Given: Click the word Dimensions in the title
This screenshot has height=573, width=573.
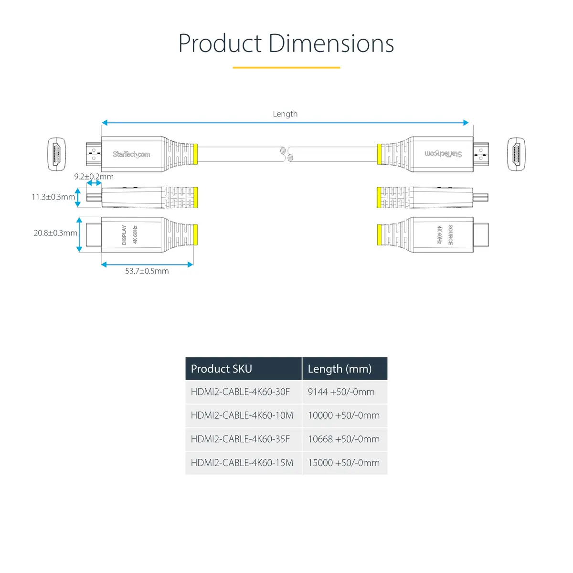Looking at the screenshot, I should (331, 43).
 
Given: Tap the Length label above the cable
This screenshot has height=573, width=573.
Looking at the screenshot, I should (285, 114).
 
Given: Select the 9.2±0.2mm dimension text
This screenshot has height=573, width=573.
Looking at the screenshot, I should (94, 177).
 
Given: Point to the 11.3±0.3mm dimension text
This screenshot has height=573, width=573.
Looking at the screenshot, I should (53, 197).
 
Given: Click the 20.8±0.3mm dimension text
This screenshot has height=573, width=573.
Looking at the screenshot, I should (55, 233).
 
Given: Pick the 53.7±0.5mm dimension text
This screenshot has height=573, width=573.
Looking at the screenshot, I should (147, 271).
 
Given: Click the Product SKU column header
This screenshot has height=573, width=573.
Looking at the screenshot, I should (221, 369).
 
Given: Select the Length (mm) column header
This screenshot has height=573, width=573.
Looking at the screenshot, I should (340, 369).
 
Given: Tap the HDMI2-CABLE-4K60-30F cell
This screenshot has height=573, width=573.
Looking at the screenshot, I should (240, 392).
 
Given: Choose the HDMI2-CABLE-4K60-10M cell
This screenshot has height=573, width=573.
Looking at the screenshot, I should (242, 415).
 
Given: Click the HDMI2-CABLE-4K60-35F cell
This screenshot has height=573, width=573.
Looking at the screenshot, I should (240, 439).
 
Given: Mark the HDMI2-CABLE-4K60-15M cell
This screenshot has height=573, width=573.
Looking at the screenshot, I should (242, 463).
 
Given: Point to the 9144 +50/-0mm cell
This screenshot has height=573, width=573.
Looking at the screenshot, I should (341, 392).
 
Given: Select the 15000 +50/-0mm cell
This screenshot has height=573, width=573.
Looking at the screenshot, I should (344, 463).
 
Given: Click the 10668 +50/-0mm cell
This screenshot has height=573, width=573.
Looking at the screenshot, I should (344, 439).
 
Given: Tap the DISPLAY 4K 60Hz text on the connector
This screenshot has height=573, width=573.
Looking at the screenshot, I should (130, 235).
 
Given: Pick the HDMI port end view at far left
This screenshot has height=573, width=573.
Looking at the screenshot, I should (56, 154).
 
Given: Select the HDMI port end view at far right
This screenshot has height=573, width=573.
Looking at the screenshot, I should (516, 154).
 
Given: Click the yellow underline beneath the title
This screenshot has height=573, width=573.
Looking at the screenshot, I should (286, 68).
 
